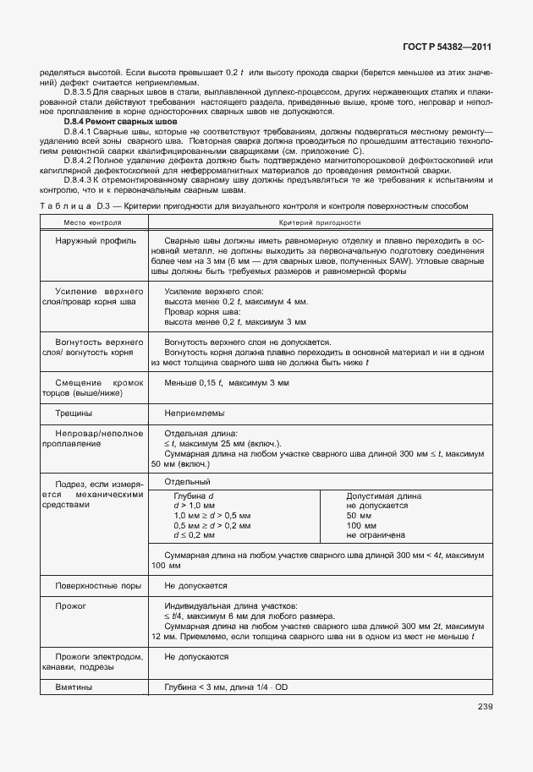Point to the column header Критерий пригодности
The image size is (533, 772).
click(318, 222)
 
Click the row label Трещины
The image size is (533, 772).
click(74, 413)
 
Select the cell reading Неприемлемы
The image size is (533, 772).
click(195, 413)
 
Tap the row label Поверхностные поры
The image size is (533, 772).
click(96, 584)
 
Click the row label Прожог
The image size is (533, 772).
click(71, 606)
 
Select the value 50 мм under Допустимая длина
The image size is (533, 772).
click(360, 515)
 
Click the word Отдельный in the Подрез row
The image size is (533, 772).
click(187, 480)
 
